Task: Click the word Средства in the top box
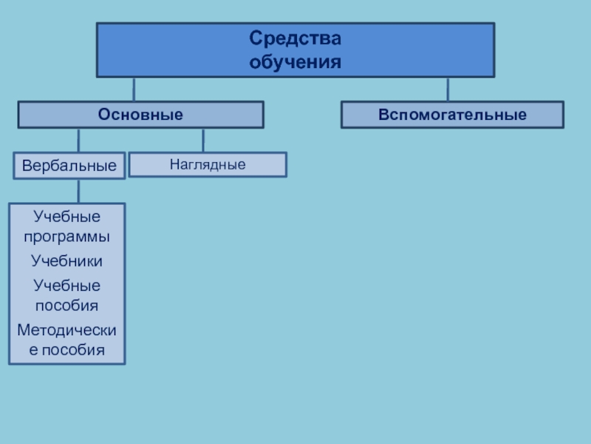[x=295, y=37]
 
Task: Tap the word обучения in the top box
[x=295, y=61]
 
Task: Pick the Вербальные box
[x=69, y=166]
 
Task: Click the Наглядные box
[x=208, y=164]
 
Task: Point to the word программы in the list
[x=67, y=238]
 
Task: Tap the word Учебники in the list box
[x=67, y=261]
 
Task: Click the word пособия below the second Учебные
[x=67, y=305]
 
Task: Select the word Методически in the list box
[x=67, y=328]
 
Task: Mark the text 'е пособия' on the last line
[x=67, y=349]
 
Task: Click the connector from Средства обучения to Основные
[x=134, y=89]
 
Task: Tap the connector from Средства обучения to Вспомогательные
[x=448, y=89]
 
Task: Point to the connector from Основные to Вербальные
[x=78, y=141]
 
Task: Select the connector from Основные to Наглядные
[x=203, y=140]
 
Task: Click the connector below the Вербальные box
[x=78, y=191]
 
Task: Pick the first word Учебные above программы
[x=67, y=217]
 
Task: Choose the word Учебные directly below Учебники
[x=67, y=285]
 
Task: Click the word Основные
[x=141, y=115]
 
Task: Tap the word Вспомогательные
[x=452, y=115]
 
